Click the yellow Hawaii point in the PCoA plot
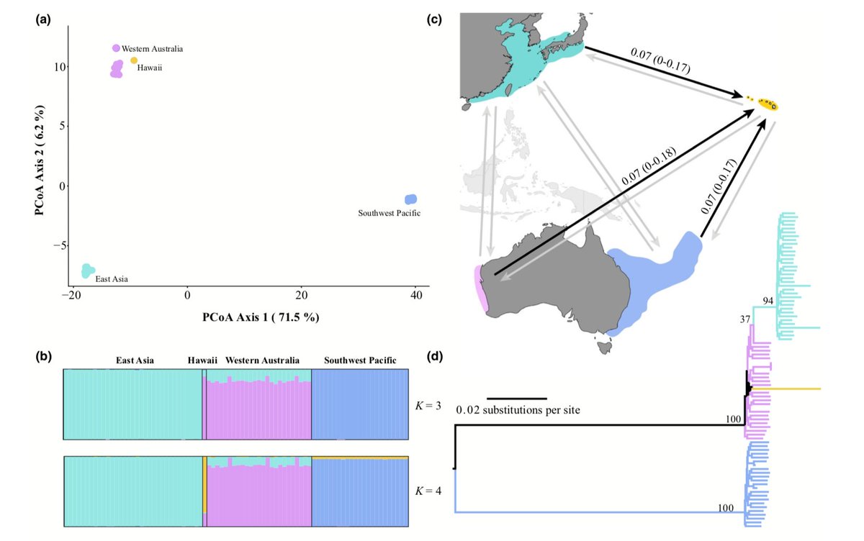pos(134,60)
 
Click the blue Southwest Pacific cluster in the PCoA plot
pos(411,199)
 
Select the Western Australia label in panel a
pos(152,48)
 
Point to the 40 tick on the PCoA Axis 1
pos(416,294)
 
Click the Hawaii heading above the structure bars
pos(202,360)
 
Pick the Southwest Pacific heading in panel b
pos(360,360)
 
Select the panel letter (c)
pos(434,19)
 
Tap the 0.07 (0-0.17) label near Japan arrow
pos(660,62)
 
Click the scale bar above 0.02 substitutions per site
pos(516,398)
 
